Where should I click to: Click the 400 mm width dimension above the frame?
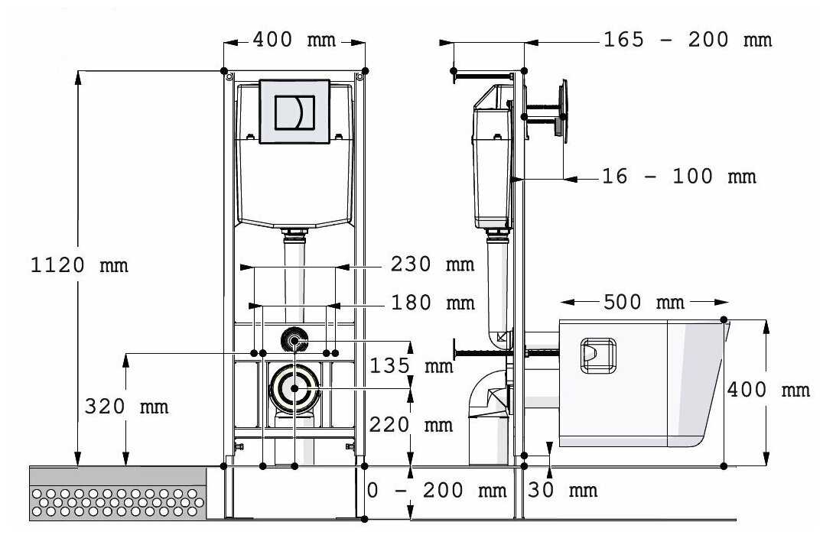(294, 39)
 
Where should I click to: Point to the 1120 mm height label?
(80, 265)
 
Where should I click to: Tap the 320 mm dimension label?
(126, 407)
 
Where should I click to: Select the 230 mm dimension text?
(432, 264)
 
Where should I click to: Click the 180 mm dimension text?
(433, 303)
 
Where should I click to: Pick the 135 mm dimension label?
(411, 365)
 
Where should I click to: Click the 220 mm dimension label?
(411, 424)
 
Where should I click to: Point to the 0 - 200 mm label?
(437, 491)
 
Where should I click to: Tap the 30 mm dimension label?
(563, 490)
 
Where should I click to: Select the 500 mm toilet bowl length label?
(644, 302)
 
